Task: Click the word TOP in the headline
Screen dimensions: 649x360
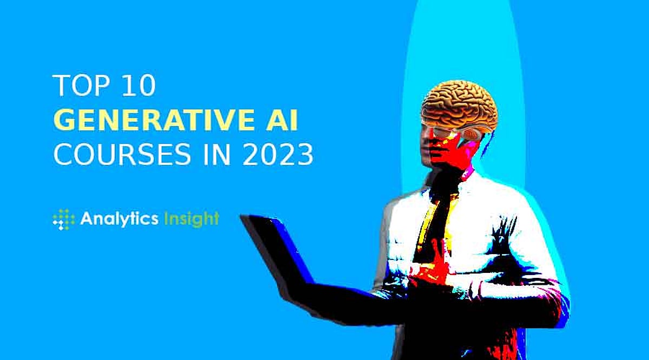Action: [x=82, y=85]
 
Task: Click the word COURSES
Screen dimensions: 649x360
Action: [x=122, y=155]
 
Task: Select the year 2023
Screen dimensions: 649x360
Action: [x=278, y=155]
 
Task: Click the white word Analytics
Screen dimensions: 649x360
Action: [x=120, y=219]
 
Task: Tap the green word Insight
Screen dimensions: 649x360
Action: [x=191, y=219]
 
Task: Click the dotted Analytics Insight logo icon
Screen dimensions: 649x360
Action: [x=64, y=219]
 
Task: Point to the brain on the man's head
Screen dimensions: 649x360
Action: [x=460, y=106]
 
